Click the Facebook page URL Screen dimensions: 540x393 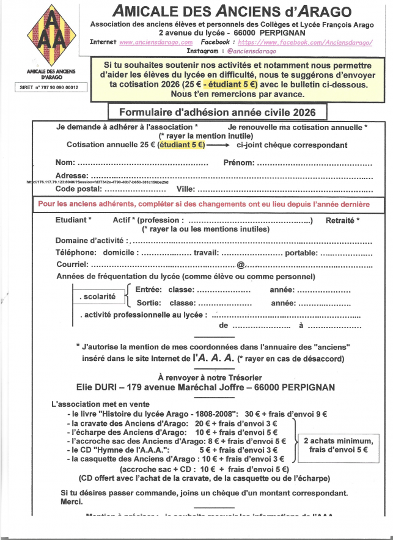pos(305,43)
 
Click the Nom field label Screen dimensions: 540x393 pos(65,163)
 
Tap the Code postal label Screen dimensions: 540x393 pos(78,188)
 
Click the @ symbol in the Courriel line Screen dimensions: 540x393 pos(241,265)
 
